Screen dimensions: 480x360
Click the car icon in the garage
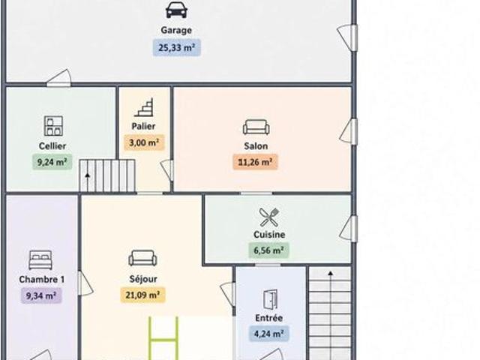coord(176,10)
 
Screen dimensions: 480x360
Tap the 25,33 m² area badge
coord(177,48)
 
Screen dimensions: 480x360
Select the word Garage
coord(176,30)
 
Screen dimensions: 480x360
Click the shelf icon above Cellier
coord(53,126)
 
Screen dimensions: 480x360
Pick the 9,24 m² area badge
coord(52,162)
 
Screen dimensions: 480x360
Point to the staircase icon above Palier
coord(144,107)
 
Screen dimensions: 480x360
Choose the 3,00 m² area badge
coord(144,142)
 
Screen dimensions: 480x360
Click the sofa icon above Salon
coord(256,127)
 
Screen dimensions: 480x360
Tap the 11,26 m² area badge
coord(255,162)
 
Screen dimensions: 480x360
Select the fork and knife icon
coord(269,217)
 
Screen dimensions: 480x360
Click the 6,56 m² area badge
coord(268,250)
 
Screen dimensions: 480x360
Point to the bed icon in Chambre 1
coord(40,260)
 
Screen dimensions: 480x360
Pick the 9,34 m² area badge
coord(41,295)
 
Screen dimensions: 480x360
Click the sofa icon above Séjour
coord(142,258)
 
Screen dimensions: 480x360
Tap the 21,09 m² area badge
coord(142,295)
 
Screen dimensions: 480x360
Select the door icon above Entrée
coord(270,299)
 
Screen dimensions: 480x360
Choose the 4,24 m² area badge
coord(268,334)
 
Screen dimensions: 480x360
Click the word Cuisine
coord(269,235)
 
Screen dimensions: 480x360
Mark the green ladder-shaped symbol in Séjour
coord(163,339)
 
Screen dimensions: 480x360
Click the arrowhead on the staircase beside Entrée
coord(330,273)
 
